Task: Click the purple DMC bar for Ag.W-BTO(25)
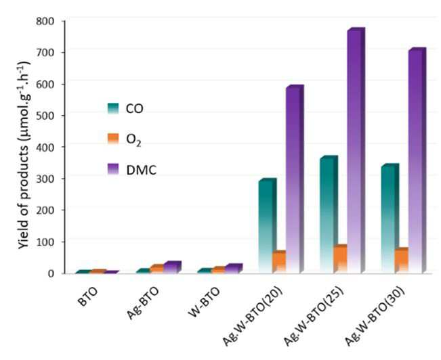[x=356, y=150]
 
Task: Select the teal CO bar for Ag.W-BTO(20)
[x=267, y=225]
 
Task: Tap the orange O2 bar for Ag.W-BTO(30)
[x=401, y=260]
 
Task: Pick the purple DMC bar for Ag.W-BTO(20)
[x=295, y=179]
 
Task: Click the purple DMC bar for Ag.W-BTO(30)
[x=417, y=160]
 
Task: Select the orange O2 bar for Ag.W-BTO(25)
[x=340, y=258]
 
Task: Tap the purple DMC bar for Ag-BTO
[x=172, y=267]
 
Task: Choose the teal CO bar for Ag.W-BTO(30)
[x=390, y=218]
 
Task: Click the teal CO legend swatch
[x=113, y=108]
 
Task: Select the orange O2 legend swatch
[x=113, y=139]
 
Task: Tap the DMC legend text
[x=141, y=170]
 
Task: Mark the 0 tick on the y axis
[x=51, y=273]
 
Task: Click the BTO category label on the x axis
[x=88, y=296]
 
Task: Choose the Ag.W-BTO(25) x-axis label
[x=313, y=316]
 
